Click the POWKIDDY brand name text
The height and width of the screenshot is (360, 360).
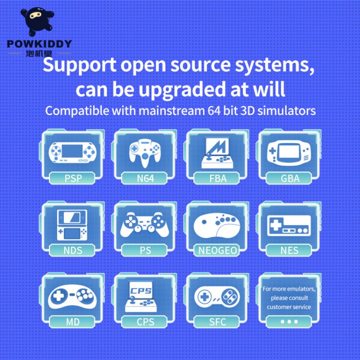[x=40, y=44]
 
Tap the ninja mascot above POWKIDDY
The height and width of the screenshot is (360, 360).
[x=37, y=21]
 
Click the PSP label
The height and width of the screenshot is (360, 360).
[x=73, y=178]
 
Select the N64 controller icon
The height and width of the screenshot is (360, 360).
[x=145, y=153]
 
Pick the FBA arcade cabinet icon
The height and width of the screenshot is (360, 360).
[x=217, y=153]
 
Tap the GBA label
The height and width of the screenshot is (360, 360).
[x=290, y=178]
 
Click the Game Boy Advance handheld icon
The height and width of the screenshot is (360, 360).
[x=289, y=153]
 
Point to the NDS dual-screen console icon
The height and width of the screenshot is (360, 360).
[x=72, y=225]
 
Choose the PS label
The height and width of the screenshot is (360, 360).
[x=145, y=250]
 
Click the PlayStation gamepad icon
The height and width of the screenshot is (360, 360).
[x=144, y=225]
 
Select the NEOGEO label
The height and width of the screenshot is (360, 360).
[x=217, y=250]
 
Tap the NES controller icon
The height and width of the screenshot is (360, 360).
[x=289, y=226]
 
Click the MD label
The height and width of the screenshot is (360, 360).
[x=73, y=322]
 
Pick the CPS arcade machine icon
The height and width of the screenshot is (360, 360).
[x=141, y=297]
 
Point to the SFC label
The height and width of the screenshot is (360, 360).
[x=217, y=322]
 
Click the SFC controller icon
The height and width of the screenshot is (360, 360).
[x=217, y=297]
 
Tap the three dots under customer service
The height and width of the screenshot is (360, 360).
[x=289, y=322]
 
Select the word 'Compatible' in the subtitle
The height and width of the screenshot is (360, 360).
[x=77, y=111]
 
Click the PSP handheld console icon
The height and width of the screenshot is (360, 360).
[x=72, y=153]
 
